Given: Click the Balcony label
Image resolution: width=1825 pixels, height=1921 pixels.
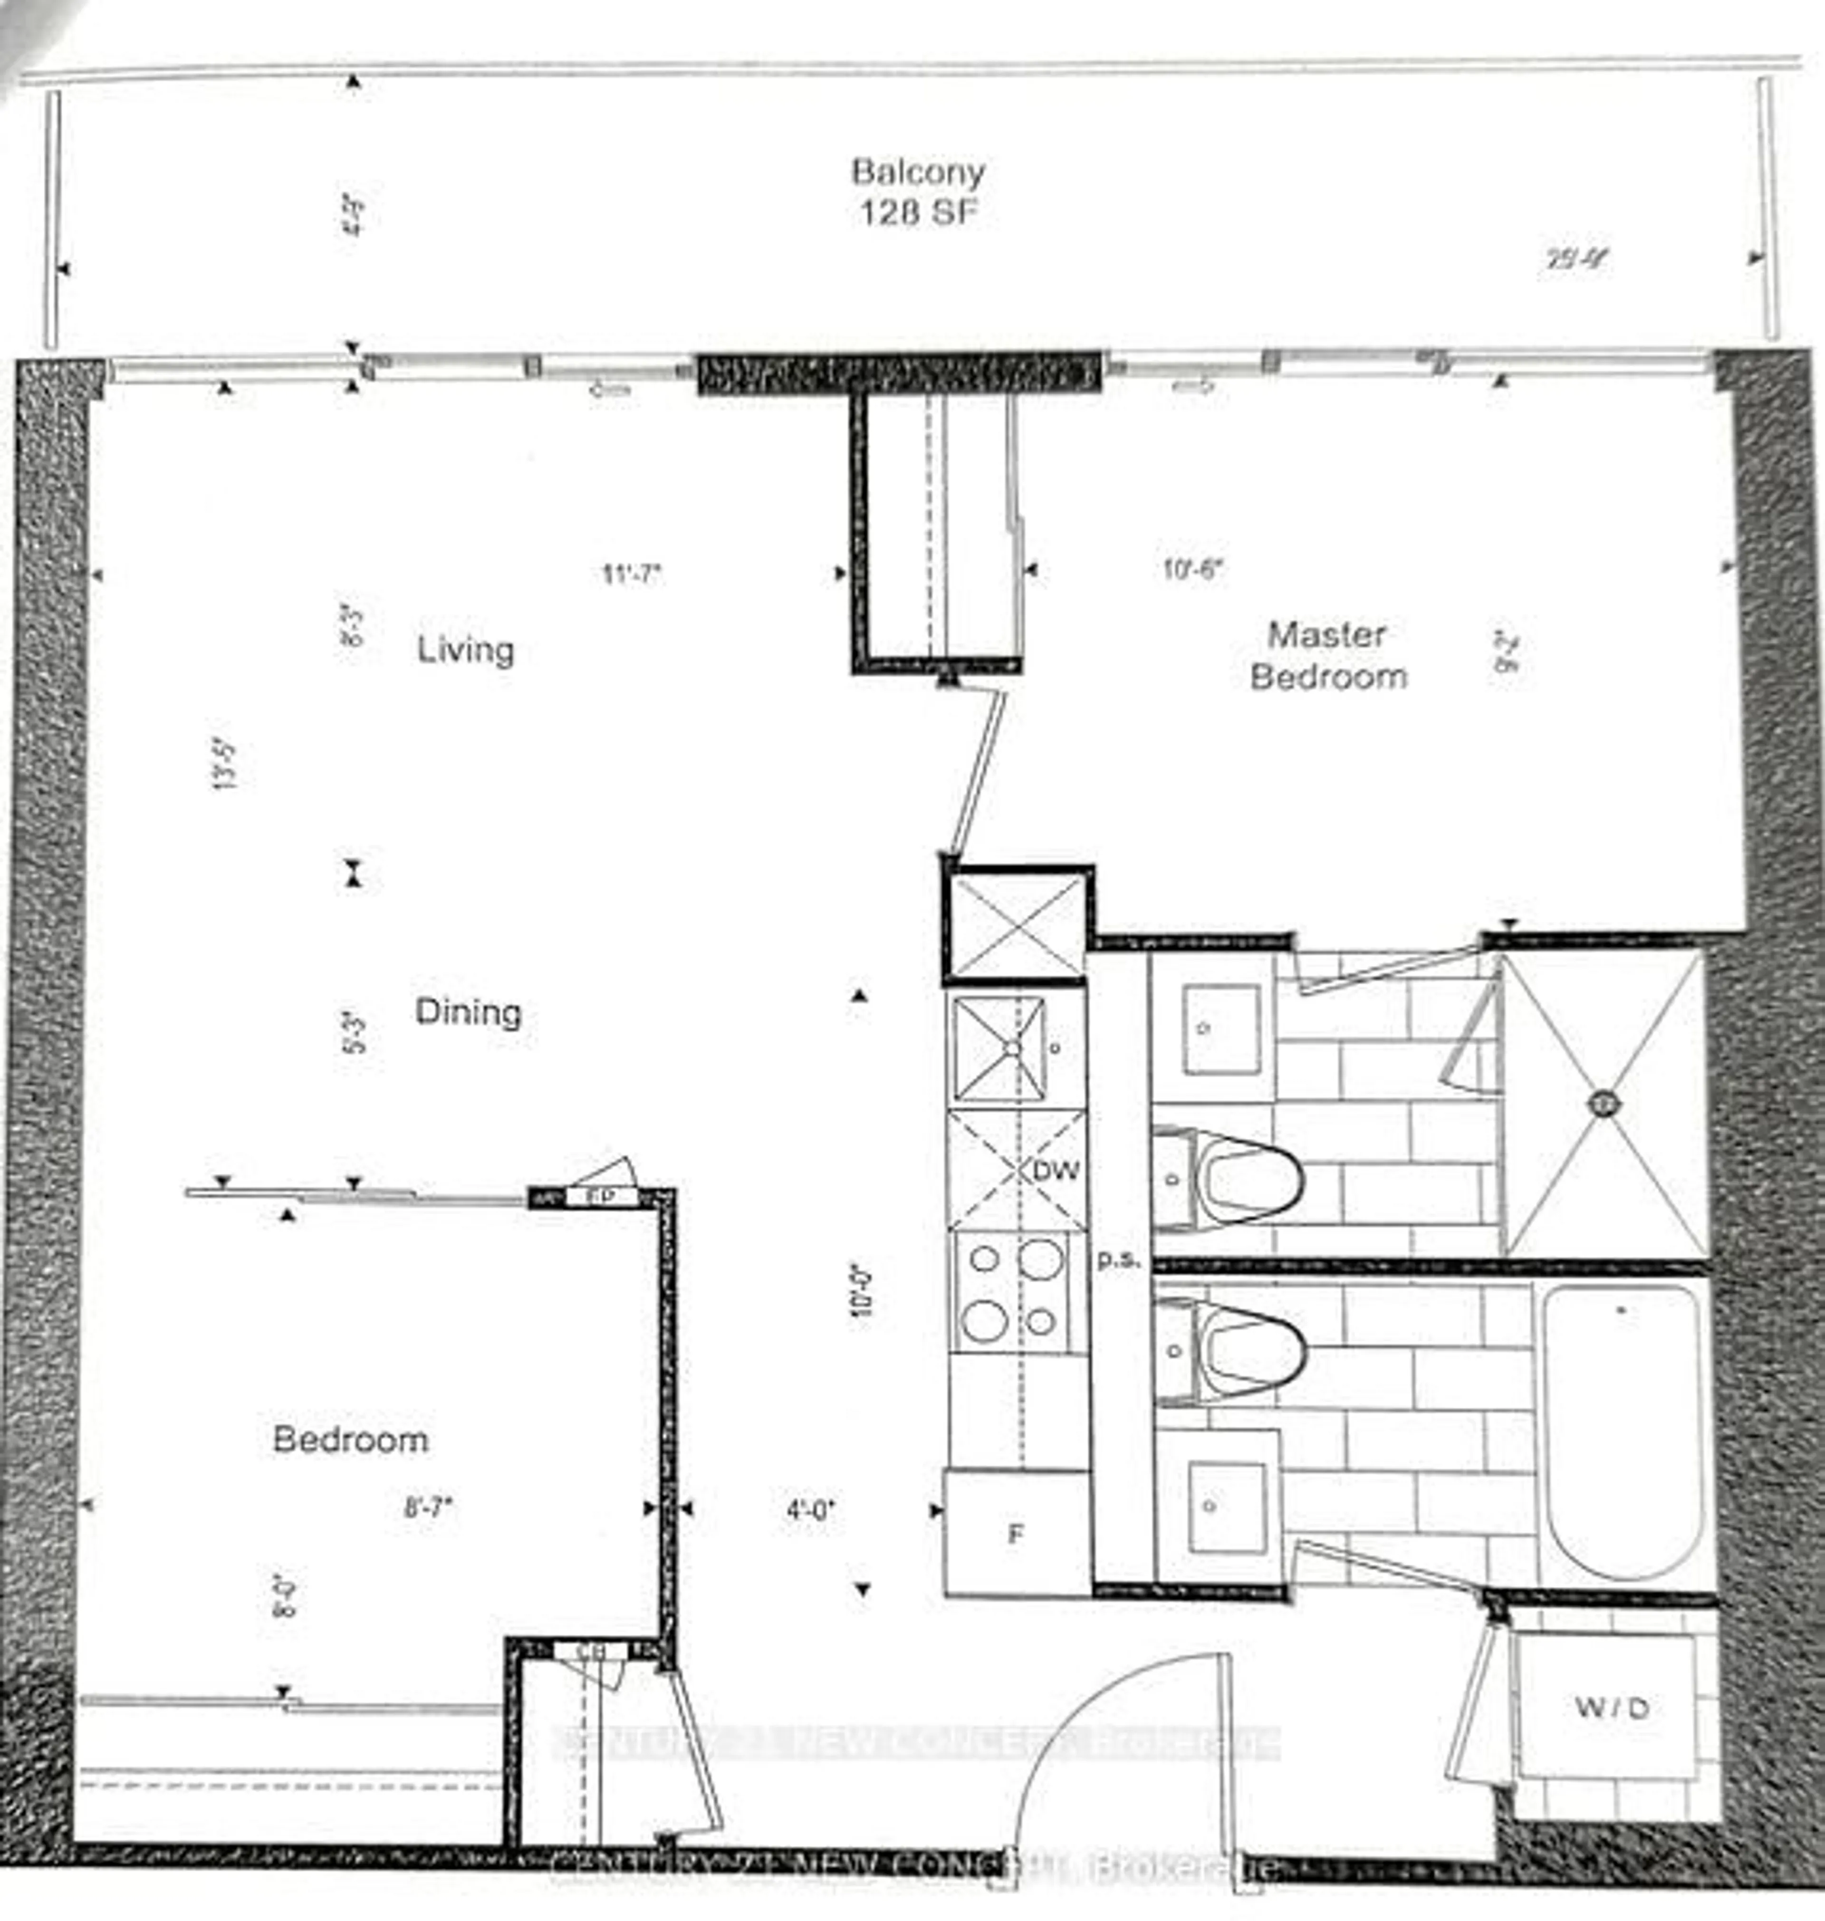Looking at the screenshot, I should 918,172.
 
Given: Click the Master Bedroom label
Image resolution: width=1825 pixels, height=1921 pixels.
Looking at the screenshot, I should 1328,655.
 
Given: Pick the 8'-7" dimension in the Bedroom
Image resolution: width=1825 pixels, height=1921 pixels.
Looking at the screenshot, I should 429,1508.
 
